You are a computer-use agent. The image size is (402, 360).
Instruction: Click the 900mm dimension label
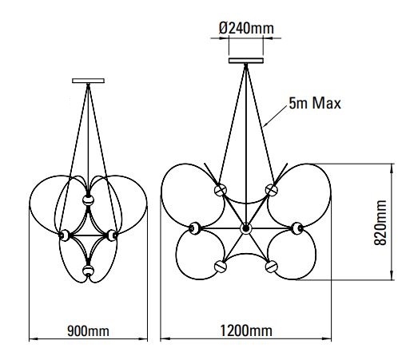tap(88, 331)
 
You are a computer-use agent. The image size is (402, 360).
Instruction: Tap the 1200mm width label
tap(246, 331)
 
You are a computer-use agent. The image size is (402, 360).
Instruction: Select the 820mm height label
tap(380, 223)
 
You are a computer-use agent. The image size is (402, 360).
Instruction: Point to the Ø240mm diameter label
tap(246, 28)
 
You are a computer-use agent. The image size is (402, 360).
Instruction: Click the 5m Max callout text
tap(315, 103)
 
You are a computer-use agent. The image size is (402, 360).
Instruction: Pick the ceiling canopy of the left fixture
tap(88, 81)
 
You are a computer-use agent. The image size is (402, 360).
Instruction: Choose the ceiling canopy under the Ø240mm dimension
tap(246, 61)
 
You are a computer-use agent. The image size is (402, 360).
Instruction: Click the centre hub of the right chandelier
tap(245, 228)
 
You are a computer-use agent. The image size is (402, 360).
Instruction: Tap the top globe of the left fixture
tap(88, 200)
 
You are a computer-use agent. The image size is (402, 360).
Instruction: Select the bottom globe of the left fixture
tap(88, 271)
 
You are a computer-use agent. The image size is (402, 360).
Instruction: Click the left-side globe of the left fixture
tap(64, 235)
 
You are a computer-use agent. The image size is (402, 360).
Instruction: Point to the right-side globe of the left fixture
tap(112, 235)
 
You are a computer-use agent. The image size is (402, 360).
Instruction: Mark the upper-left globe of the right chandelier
tap(221, 190)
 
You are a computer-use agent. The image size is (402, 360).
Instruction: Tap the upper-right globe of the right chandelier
tap(272, 190)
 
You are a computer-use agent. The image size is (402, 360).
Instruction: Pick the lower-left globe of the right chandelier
tap(221, 267)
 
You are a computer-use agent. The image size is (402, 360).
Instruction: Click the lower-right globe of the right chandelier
tap(272, 267)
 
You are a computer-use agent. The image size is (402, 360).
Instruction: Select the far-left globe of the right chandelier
tap(195, 228)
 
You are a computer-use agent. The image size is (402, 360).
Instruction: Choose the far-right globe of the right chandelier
tap(297, 228)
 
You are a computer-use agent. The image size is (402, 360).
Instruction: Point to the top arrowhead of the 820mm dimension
tap(392, 167)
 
